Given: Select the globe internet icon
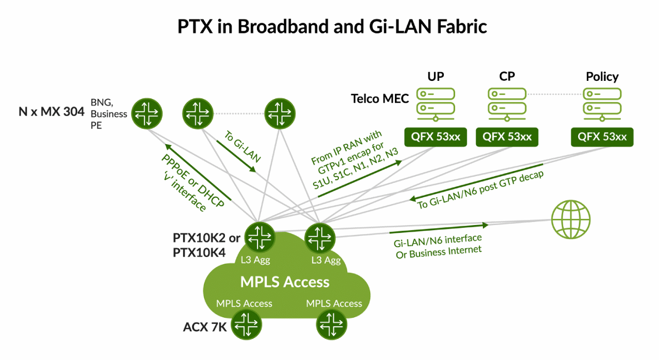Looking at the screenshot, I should click(x=571, y=219).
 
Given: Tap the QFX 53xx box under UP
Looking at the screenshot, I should click(x=436, y=137).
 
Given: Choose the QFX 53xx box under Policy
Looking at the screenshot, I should click(x=602, y=137).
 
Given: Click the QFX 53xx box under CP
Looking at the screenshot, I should click(x=507, y=137).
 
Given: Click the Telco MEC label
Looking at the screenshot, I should click(x=379, y=98).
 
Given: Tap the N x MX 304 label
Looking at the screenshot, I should click(x=51, y=111).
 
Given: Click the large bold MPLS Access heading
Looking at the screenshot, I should click(x=285, y=282).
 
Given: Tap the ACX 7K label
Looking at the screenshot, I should click(x=204, y=327).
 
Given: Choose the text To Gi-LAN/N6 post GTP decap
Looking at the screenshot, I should click(x=480, y=190).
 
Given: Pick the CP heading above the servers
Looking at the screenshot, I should click(x=507, y=76).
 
